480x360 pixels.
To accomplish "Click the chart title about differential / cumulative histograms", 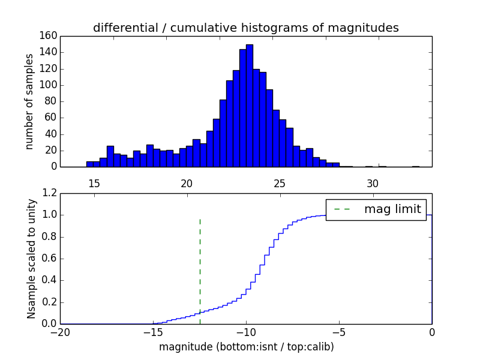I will [x=245, y=28].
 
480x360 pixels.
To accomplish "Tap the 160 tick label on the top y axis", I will [x=49, y=36].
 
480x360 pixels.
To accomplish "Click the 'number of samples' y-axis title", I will [x=29, y=101].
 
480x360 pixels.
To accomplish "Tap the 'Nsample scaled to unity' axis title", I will [x=31, y=259].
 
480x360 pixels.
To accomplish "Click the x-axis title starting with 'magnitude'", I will [x=246, y=347].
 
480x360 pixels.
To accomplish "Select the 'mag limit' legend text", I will [x=392, y=209].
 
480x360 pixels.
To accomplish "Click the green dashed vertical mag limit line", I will [x=200, y=264].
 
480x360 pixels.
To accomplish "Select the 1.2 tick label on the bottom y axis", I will [x=49, y=193].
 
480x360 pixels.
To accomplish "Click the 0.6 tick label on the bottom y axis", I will [x=49, y=259].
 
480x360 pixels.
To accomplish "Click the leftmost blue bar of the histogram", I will [x=89, y=164].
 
